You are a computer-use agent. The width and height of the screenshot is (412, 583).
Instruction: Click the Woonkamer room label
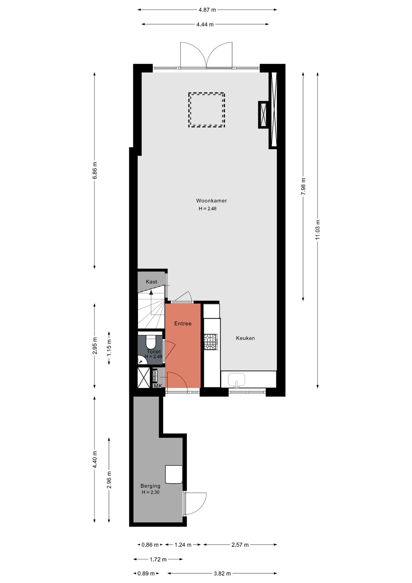[211, 201]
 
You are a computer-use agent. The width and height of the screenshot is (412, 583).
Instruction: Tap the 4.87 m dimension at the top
[207, 10]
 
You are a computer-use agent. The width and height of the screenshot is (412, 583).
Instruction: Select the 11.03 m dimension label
[318, 230]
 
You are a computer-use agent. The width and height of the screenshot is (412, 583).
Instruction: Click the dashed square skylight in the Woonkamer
[206, 110]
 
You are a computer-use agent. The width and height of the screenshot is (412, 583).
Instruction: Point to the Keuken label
[245, 338]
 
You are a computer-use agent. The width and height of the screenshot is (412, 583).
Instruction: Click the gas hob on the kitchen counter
[211, 342]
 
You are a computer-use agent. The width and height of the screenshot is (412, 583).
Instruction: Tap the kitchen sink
[237, 379]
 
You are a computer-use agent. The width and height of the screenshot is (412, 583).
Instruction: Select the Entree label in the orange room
[183, 324]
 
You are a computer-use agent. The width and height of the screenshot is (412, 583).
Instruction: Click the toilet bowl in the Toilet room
[150, 342]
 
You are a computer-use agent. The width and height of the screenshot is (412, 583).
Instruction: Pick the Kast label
[151, 282]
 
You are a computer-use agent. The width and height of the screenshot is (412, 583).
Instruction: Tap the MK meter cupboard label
[158, 386]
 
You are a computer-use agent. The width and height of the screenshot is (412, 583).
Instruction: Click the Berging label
[150, 486]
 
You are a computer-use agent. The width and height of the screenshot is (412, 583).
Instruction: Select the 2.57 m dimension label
[240, 545]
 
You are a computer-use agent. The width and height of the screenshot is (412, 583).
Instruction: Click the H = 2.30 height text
[150, 492]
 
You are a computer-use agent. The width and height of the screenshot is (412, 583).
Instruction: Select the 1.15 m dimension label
[109, 348]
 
